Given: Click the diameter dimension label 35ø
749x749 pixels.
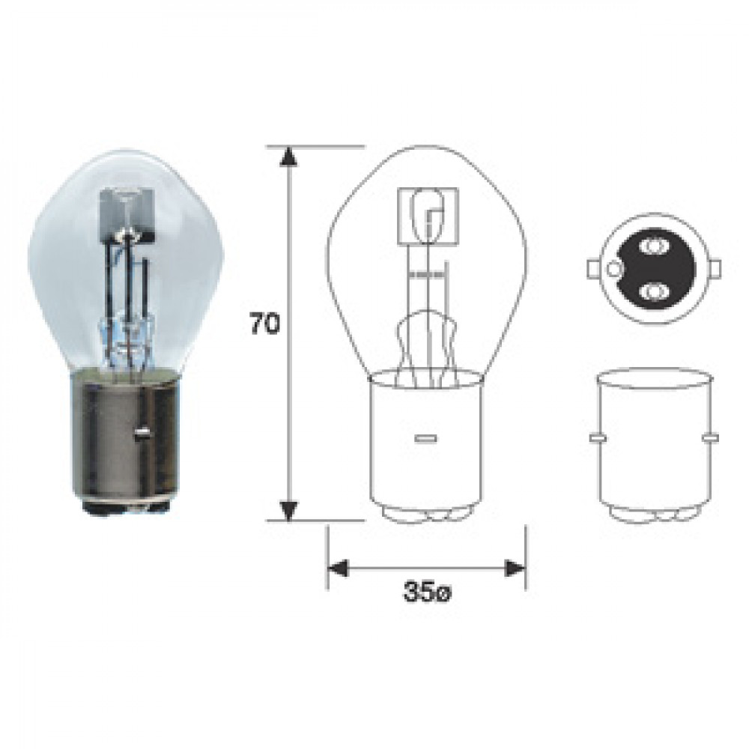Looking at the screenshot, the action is coord(427,593).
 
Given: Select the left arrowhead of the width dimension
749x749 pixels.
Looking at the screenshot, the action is coord(339,568).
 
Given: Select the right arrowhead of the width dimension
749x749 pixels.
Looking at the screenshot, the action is coord(515,568).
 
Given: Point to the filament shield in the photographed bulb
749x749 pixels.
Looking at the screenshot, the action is coord(127,214).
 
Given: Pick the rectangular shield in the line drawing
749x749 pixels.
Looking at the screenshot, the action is coord(428,214).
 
